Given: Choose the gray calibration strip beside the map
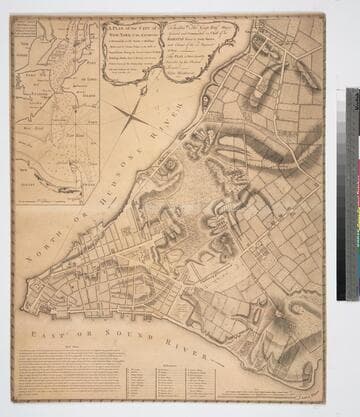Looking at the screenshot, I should (x=352, y=195).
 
